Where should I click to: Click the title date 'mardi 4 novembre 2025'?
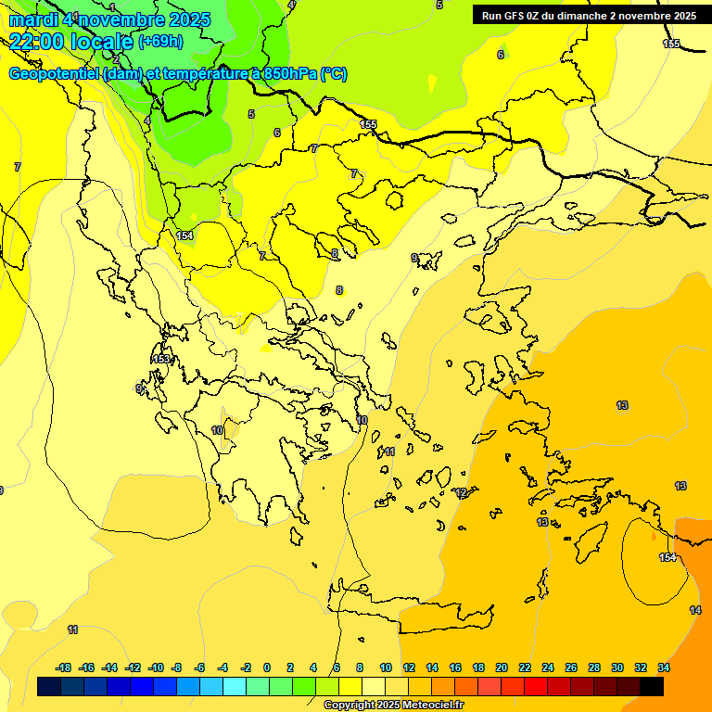109,19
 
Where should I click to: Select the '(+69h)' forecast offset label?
160,42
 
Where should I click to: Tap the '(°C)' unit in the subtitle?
334,74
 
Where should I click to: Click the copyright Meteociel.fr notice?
393,705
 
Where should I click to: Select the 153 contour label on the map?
162,359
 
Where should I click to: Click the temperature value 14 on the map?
695,610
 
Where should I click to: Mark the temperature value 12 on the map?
461,492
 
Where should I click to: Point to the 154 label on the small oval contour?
667,557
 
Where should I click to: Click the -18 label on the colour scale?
64,667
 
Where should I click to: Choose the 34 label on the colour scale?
664,667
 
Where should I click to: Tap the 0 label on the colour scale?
266,667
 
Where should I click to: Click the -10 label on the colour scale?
156,667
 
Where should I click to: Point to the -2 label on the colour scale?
246,667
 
